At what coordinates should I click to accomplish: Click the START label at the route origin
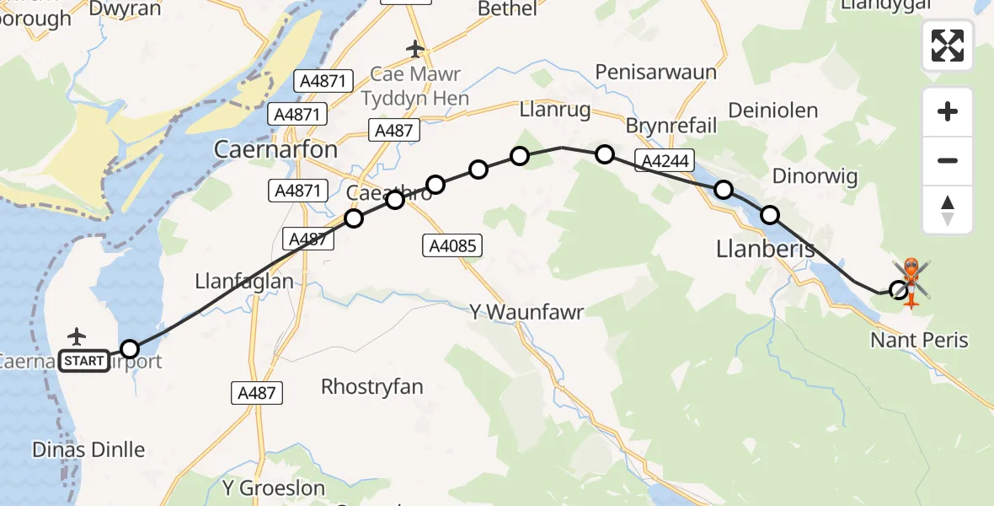coord(84,361)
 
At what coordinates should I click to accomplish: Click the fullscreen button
coord(948,46)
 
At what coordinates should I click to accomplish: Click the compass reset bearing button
coord(948,210)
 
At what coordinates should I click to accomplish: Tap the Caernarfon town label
coord(275,150)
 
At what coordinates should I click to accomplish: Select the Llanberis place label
coord(766,249)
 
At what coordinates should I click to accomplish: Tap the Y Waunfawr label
coord(526,313)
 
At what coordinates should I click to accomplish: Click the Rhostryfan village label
coord(371,387)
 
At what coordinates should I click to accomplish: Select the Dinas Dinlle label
coord(88,449)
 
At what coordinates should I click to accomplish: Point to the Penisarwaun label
coord(655,72)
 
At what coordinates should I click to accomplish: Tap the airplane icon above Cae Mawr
coord(414,49)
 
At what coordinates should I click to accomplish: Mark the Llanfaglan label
coord(244,281)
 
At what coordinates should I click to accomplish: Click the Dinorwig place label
coord(815,176)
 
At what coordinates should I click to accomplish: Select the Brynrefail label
coord(671,126)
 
